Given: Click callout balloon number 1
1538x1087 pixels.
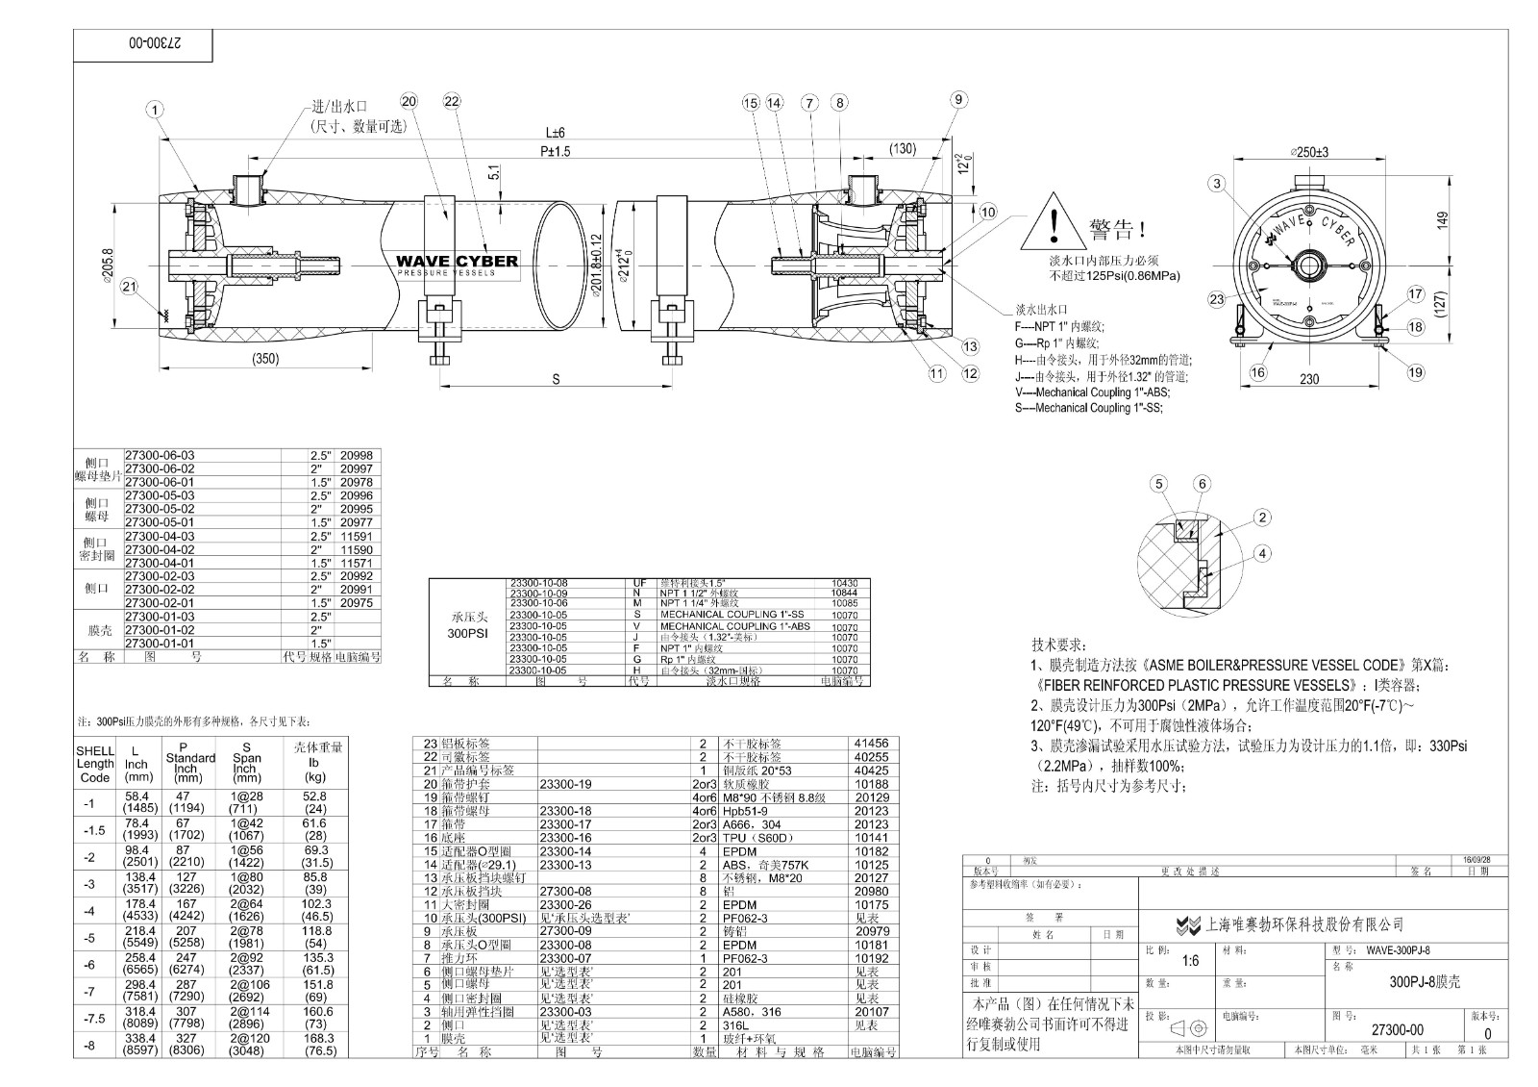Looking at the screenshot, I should click(155, 110).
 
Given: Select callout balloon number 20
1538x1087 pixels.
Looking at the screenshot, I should click(410, 102).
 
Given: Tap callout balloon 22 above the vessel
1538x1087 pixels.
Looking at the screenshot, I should click(452, 102).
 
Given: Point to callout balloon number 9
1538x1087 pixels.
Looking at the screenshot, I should click(957, 98).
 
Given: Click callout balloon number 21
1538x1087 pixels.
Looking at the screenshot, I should click(130, 286).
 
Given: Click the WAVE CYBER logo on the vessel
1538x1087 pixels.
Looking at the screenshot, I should click(458, 263).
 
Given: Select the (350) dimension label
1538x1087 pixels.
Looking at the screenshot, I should click(266, 360).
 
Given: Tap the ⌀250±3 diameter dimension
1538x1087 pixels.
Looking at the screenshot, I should click(1309, 152).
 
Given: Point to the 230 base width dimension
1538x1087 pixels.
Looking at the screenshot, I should click(1309, 379).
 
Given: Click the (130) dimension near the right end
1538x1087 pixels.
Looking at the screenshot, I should click(902, 148).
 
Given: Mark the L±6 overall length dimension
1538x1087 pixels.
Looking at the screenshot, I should click(556, 133).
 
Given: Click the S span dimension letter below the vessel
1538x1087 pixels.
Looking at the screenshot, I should click(556, 379).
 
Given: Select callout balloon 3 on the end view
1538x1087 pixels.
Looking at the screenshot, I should click(1218, 184).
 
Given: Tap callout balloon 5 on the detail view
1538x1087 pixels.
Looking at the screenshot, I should click(1160, 484).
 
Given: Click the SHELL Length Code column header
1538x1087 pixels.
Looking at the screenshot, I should click(95, 764).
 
